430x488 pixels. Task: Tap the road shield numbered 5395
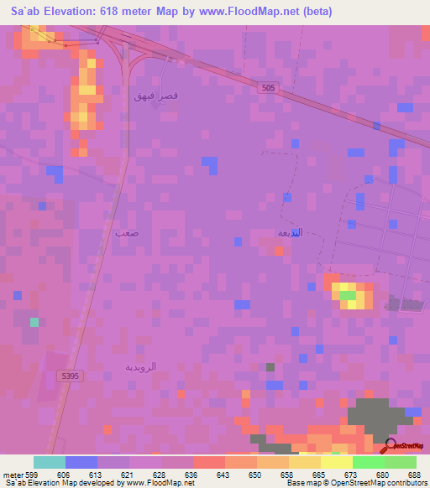[x=70, y=376]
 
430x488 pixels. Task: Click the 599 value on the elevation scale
[x=33, y=475]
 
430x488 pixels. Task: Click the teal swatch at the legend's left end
[x=49, y=462]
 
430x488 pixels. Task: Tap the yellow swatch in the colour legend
[x=304, y=462]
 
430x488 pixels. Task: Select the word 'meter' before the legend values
[x=13, y=475]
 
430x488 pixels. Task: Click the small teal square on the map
[x=34, y=322]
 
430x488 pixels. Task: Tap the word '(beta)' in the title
[x=318, y=12]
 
